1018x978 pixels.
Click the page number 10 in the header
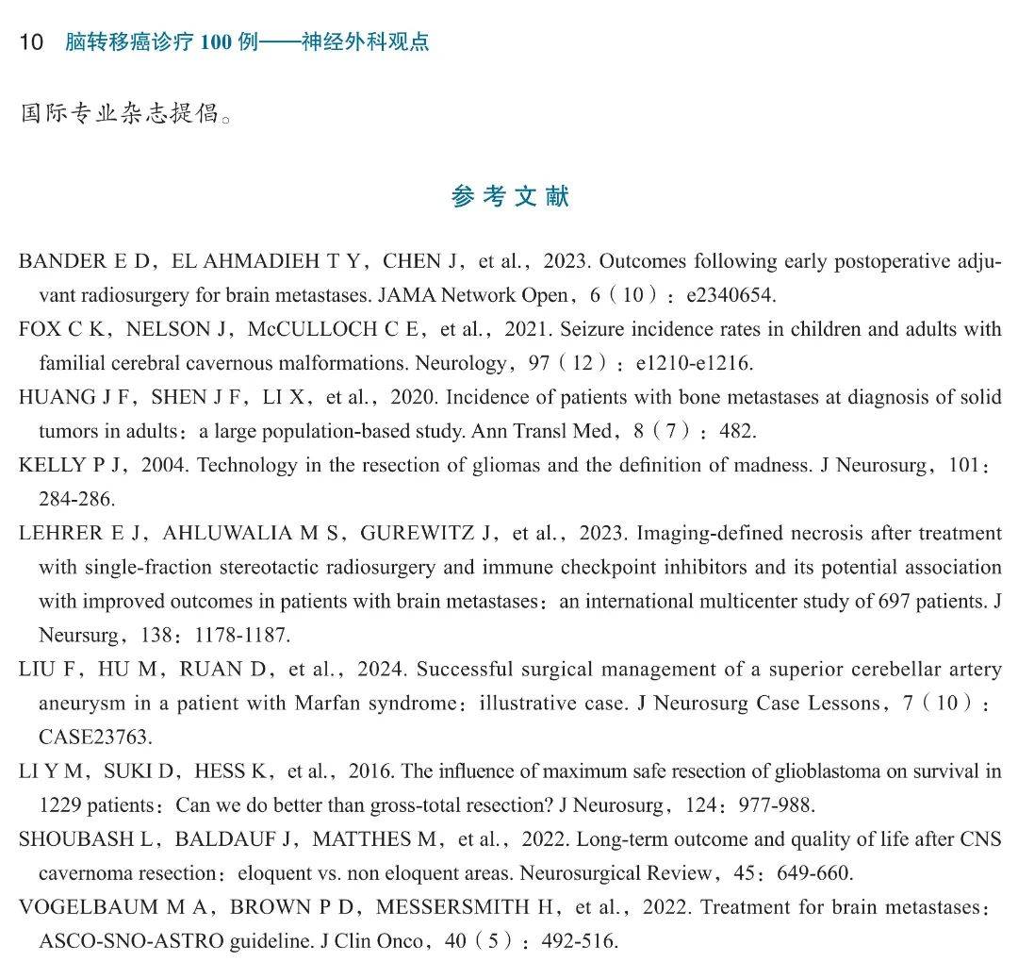[31, 42]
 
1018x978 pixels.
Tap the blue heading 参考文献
[510, 196]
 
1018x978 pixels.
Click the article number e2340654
[731, 295]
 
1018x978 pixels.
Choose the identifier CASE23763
[95, 737]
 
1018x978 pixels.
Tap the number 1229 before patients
[59, 805]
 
